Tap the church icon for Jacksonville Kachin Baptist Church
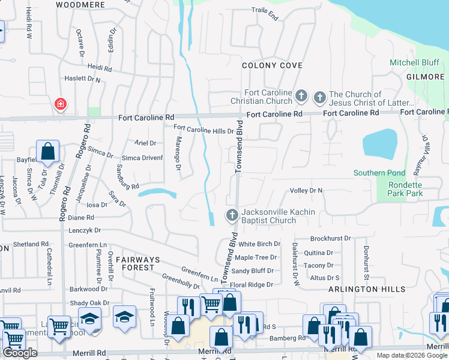point(232,215)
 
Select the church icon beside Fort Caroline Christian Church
point(301,96)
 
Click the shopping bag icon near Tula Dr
point(48,152)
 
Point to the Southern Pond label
point(379,173)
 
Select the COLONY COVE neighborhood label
point(272,65)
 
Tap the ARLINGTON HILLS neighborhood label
point(367,289)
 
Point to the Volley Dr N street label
point(306,190)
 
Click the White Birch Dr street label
point(259,244)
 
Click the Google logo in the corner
point(20,353)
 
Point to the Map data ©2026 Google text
point(412,355)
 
